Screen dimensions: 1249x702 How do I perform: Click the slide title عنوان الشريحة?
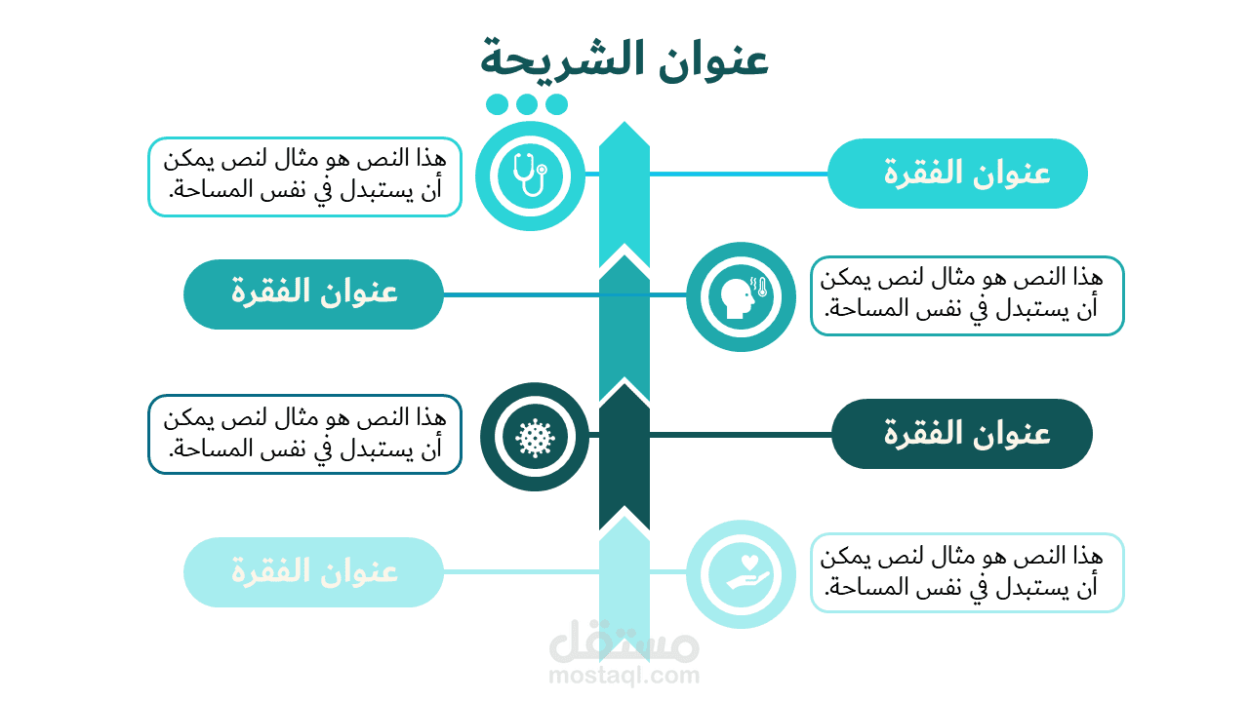[x=624, y=60]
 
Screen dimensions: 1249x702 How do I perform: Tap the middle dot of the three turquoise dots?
[x=527, y=104]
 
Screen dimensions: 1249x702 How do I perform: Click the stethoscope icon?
[x=530, y=175]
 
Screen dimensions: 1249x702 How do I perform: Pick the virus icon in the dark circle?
[x=535, y=438]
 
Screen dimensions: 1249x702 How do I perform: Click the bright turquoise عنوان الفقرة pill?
[x=957, y=174]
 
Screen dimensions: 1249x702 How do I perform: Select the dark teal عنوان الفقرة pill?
[x=962, y=434]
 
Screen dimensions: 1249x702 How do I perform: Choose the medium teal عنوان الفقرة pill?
[x=313, y=294]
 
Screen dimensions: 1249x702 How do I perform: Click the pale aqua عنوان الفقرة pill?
[x=313, y=572]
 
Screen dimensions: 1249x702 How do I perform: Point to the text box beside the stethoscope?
[x=305, y=176]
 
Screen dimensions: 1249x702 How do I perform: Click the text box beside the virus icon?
[x=305, y=435]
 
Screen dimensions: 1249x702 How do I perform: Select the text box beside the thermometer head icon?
[x=967, y=295]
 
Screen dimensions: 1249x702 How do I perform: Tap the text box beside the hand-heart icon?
[x=967, y=572]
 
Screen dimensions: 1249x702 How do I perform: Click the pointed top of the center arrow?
[x=624, y=122]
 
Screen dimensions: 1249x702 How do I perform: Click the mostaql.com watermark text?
[x=624, y=676]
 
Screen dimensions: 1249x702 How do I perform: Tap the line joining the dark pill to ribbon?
[x=741, y=435]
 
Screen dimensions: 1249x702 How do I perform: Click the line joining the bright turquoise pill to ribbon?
[x=739, y=175]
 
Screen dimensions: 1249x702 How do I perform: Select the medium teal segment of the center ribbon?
[x=624, y=329]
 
